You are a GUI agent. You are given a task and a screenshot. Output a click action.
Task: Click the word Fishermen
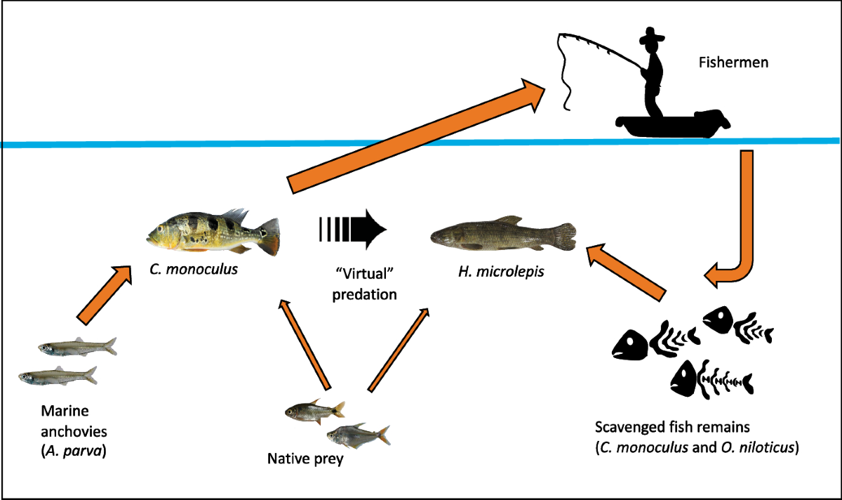click(x=733, y=63)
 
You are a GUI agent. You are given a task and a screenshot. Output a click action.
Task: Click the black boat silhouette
click(x=671, y=125)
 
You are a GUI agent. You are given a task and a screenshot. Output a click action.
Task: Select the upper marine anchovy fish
click(x=77, y=347)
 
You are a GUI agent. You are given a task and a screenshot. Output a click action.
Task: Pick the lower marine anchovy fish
click(x=58, y=376)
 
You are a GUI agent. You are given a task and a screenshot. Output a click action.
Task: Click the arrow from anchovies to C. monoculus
click(x=103, y=295)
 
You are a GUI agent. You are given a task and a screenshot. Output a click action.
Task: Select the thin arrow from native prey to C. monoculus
click(x=303, y=343)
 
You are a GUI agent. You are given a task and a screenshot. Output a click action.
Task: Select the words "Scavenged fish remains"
click(x=660, y=428)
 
